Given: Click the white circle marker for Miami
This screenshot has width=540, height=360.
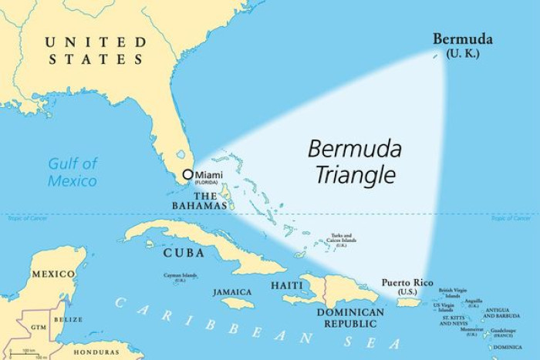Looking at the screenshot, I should tap(187, 175).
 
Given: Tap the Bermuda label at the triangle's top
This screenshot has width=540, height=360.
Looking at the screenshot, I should tap(463, 39).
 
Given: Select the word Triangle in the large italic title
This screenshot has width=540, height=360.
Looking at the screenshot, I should tap(356, 176).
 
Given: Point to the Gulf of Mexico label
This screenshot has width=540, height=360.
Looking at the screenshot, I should tap(73, 172).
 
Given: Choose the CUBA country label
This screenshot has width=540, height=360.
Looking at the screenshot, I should tap(184, 253).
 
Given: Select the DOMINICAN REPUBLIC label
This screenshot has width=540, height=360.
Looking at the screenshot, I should tap(351, 318).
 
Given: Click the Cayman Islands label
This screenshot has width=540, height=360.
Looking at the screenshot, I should tap(180, 276).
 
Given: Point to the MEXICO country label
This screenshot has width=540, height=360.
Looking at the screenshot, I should tap(53, 274).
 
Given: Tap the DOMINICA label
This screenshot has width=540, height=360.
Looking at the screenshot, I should tap(512, 347).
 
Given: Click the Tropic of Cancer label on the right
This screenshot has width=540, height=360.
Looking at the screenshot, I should tap(511, 219).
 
